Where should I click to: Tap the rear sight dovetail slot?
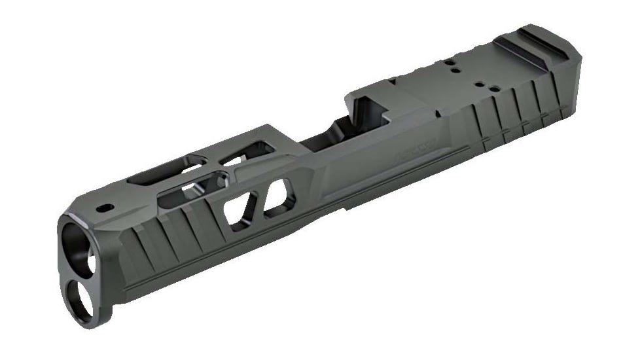pyautogui.click(x=524, y=46)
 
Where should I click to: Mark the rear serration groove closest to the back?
pyautogui.click(x=558, y=98)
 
